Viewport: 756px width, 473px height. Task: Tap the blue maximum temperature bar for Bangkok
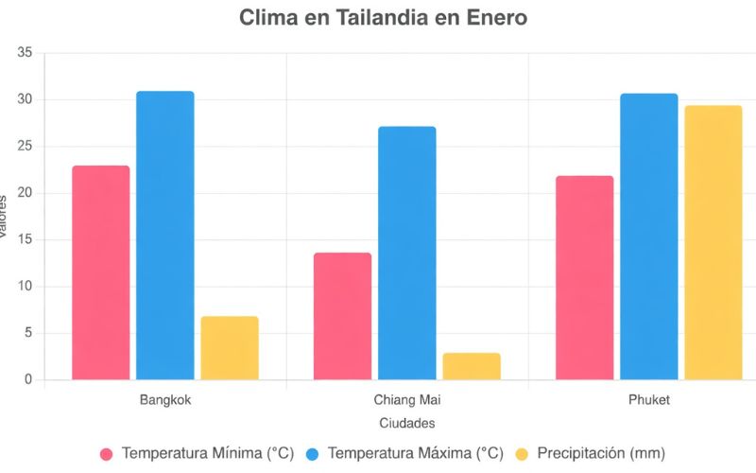coord(165,236)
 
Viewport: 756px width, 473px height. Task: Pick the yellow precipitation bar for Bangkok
coord(230,348)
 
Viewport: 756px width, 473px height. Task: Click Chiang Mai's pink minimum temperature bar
coord(342,316)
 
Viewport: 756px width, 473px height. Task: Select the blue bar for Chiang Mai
coord(407,253)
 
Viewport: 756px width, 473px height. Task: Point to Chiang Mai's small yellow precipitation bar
coord(472,366)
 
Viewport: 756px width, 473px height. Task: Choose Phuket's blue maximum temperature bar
coord(649,236)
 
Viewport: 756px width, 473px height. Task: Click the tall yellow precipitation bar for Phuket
coord(713,242)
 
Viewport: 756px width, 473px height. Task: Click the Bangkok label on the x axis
coord(165,400)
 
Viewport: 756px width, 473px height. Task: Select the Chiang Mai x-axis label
coord(407,400)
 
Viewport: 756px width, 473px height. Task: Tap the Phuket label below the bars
coord(649,400)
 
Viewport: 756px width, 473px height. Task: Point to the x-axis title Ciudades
coord(406,423)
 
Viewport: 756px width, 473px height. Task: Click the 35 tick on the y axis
coord(25,54)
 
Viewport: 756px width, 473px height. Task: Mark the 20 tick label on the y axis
coord(25,193)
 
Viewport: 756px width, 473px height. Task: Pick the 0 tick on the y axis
coord(28,379)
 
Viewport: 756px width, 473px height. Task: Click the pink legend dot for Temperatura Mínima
coord(106,454)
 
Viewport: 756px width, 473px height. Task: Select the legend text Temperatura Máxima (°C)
coord(415,454)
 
